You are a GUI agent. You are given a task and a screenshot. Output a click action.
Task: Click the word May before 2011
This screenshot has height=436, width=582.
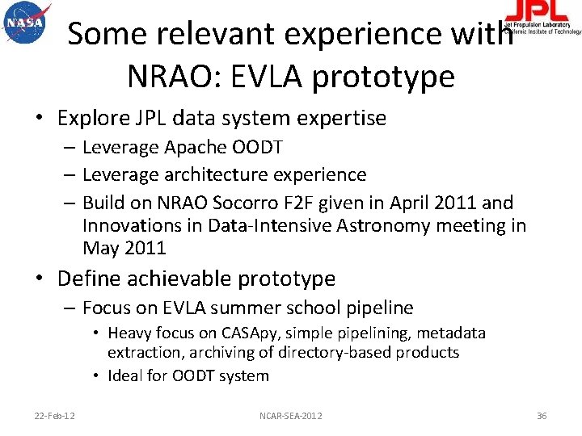[101, 248]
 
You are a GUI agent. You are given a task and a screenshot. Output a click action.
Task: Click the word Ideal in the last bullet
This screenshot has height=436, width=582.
[124, 375]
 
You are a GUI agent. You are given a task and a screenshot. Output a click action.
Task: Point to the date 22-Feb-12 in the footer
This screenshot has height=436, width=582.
[56, 416]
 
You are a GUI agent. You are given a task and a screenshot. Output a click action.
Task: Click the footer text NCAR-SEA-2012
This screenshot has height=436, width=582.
[290, 416]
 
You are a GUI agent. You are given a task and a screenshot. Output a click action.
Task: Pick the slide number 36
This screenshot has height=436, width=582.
[542, 416]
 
